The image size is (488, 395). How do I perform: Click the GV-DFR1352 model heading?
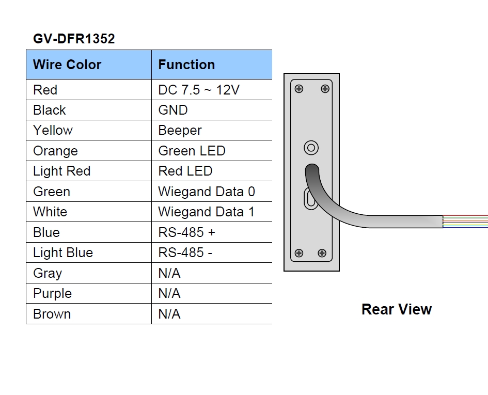tap(74, 39)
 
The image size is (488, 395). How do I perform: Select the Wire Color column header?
tap(67, 65)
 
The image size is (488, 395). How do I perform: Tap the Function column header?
tap(186, 65)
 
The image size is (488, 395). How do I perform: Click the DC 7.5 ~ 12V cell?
tap(199, 90)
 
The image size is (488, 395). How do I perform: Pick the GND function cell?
tap(173, 110)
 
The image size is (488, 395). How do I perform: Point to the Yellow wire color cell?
tap(53, 130)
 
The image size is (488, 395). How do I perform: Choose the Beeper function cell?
tap(180, 130)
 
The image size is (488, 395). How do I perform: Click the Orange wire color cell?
tap(55, 151)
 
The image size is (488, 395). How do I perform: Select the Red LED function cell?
tap(185, 171)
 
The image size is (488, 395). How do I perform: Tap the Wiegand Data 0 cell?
tap(207, 192)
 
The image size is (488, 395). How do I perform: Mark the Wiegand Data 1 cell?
tap(207, 212)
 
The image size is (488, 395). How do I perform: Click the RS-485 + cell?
tap(186, 232)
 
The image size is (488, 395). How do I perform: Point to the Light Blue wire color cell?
tap(63, 252)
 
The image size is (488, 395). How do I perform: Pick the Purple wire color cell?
tap(52, 293)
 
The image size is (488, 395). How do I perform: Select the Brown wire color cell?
tap(52, 314)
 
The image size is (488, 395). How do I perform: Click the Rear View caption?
tap(397, 309)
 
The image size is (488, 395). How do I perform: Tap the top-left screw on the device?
tap(298, 89)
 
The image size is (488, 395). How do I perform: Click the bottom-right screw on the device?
tap(322, 253)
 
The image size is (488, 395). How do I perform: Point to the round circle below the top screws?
tap(310, 148)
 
